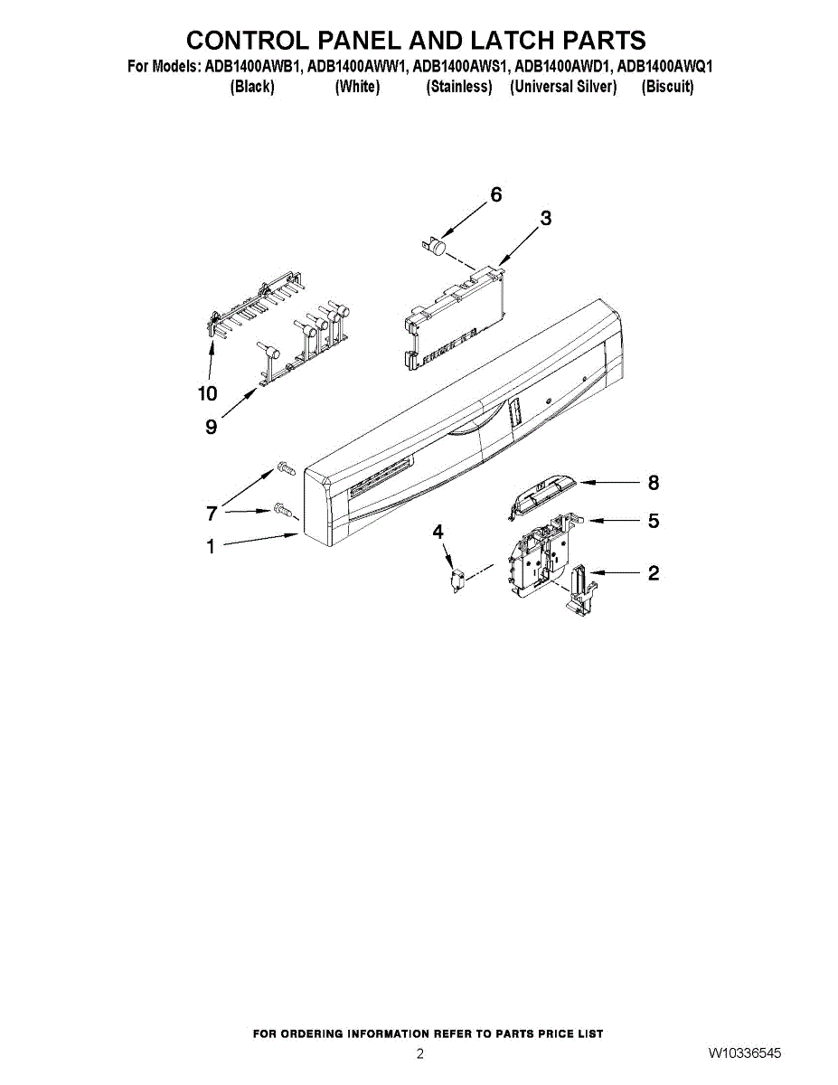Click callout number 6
(495, 194)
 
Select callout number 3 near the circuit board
(546, 218)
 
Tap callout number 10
(208, 393)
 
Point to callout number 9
(211, 427)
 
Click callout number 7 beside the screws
(212, 514)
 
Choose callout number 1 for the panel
(211, 546)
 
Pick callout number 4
(438, 533)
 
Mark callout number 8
(654, 483)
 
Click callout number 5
(654, 521)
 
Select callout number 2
(654, 572)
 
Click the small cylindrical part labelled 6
(438, 245)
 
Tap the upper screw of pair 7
(283, 468)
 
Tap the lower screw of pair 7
(281, 510)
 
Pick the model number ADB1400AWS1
(459, 67)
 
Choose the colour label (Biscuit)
(667, 87)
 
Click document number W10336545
(745, 1053)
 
